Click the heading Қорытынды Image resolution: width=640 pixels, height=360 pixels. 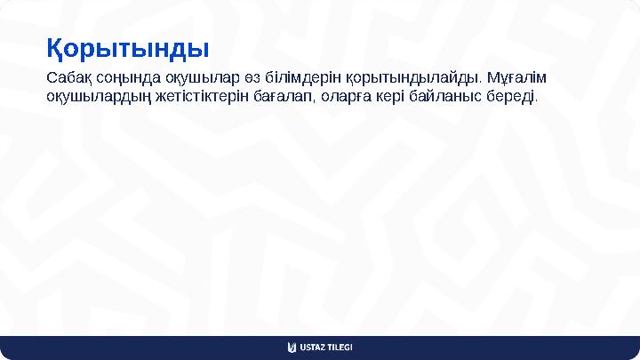(127, 47)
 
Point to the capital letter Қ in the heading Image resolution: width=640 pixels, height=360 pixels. (56, 48)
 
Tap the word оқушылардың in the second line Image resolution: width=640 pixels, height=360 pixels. (94, 95)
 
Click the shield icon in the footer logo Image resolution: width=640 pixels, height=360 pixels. (292, 347)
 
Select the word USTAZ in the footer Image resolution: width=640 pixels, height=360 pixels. (313, 347)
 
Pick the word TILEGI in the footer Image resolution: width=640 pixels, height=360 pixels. (340, 347)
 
